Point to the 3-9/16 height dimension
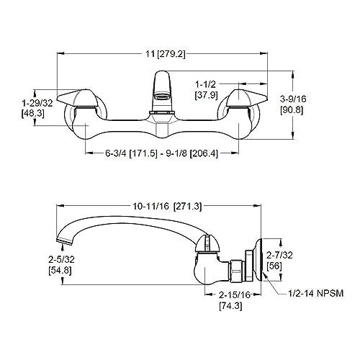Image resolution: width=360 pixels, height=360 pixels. (317, 102)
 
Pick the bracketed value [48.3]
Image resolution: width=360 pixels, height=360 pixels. (34, 114)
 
